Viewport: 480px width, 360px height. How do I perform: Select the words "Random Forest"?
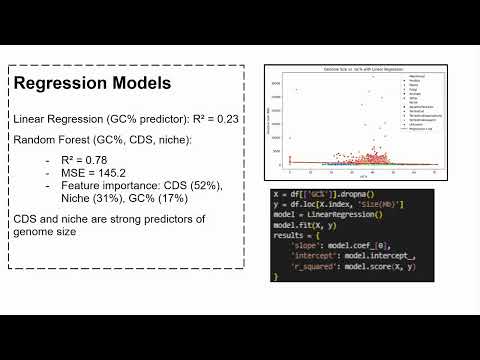(49, 141)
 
